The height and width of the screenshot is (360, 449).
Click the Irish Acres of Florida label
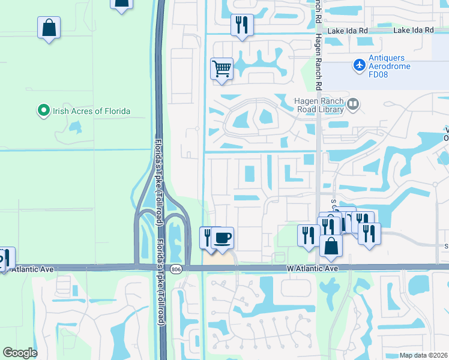pyautogui.click(x=91, y=111)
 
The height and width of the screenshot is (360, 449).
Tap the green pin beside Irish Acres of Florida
pyautogui.click(x=43, y=111)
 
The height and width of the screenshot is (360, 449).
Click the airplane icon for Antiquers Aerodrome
pyautogui.click(x=360, y=64)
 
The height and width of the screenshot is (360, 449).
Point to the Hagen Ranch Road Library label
pyautogui.click(x=319, y=105)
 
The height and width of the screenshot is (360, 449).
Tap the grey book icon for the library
pyautogui.click(x=353, y=106)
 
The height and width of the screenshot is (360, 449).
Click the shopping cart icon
pyautogui.click(x=221, y=70)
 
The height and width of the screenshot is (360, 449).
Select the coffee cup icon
pyautogui.click(x=223, y=238)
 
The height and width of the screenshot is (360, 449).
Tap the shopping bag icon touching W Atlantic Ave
pyautogui.click(x=331, y=245)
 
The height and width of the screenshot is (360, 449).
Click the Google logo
pyautogui.click(x=20, y=353)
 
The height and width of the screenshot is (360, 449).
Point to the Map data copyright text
pyautogui.click(x=423, y=355)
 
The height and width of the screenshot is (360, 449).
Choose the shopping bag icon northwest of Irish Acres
pyautogui.click(x=49, y=28)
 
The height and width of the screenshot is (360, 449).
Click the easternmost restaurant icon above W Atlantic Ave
pyautogui.click(x=369, y=233)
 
